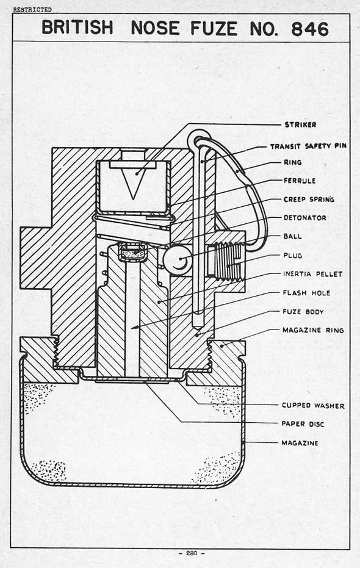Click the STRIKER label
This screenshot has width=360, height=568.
pos(300,124)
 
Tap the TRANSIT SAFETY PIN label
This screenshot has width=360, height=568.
pos(308,146)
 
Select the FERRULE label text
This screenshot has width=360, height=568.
pos(300,181)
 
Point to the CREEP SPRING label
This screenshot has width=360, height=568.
pos(309,200)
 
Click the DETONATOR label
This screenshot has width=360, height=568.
pos(305,218)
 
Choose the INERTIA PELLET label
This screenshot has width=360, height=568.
pos(312,274)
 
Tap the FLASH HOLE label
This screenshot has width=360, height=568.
pos(306,293)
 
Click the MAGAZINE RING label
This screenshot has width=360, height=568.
pos(313,330)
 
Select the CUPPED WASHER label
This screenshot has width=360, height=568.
pos(313,406)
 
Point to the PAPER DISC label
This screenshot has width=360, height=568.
pos(303,424)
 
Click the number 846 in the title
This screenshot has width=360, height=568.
pos(310,29)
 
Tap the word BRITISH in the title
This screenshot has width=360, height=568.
pos(77,27)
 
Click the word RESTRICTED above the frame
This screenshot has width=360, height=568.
pos(32,10)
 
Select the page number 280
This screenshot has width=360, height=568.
pos(192,553)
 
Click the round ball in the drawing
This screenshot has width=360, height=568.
pos(177,259)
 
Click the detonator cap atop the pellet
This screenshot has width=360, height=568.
pos(132,251)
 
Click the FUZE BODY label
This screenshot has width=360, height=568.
pos(303,312)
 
